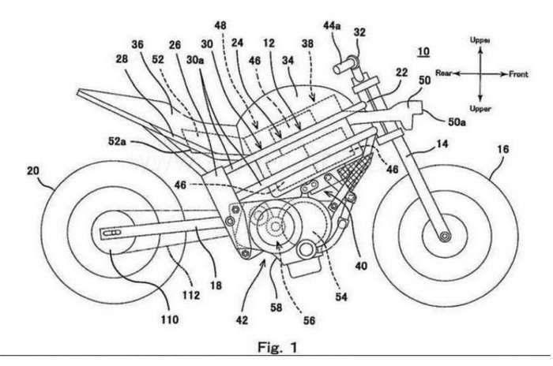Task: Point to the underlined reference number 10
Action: [x=425, y=53]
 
